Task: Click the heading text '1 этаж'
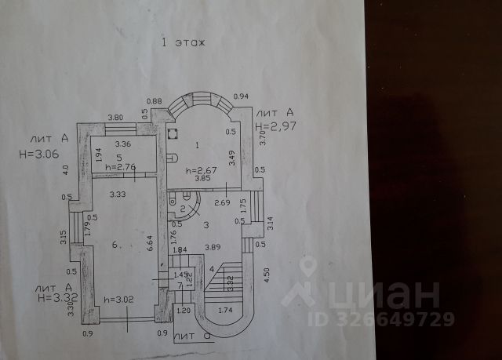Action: point(183,42)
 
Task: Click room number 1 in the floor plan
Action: point(197,144)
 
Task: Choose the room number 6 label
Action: point(115,245)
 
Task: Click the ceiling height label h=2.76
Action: point(120,167)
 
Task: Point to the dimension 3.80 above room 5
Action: point(115,118)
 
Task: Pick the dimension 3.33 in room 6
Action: point(118,193)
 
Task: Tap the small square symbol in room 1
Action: point(173,135)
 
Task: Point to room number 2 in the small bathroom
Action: point(183,208)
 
